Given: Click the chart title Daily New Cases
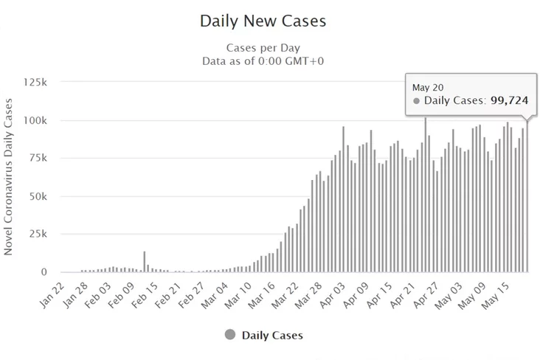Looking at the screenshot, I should click(x=263, y=21).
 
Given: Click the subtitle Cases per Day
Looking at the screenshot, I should click(x=263, y=47).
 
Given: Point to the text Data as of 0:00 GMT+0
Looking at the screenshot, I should click(x=263, y=60).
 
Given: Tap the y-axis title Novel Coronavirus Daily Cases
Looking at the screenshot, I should click(x=9, y=176).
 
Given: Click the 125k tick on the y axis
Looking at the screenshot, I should click(x=35, y=82).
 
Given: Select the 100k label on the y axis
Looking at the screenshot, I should click(x=35, y=120).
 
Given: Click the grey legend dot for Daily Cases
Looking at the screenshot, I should click(x=229, y=335).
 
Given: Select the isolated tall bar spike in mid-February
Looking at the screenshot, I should click(x=144, y=262).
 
